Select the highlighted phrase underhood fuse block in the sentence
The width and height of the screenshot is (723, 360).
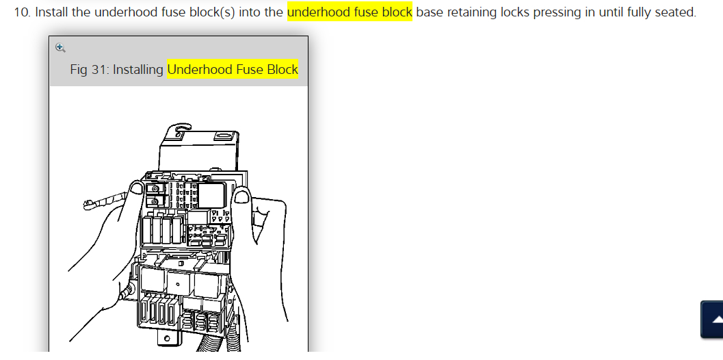tap(350, 13)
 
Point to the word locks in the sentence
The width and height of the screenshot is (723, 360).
tap(522, 13)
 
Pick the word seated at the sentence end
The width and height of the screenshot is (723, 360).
tap(675, 13)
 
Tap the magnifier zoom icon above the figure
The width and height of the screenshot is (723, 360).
tap(60, 47)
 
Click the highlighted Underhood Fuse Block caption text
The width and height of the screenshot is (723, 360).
tap(233, 69)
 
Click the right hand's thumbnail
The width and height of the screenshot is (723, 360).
tap(241, 198)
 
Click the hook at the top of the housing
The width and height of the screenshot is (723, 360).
tap(180, 129)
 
